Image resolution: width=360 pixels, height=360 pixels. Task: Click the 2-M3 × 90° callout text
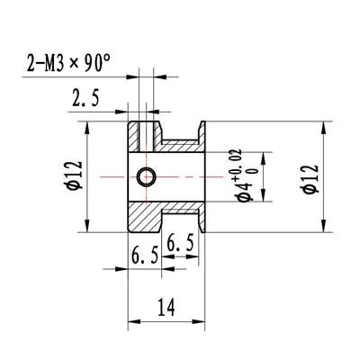pos(68,63)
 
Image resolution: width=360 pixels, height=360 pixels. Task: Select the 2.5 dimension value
pos(85,98)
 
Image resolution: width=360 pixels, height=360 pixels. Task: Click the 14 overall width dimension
pos(166,307)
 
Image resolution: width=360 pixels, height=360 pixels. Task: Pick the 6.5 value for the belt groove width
pos(181,243)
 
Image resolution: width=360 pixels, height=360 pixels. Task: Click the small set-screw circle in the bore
pos(147,176)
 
